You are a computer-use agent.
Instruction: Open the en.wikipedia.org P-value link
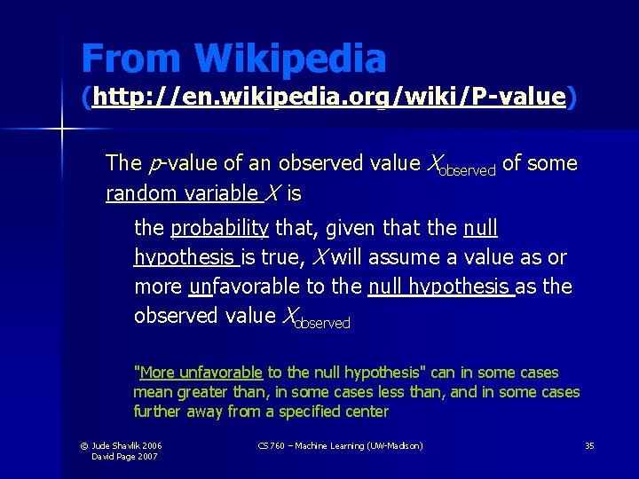pyautogui.click(x=328, y=97)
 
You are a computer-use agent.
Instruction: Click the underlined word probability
pyautogui.click(x=219, y=228)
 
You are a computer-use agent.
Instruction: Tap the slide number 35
pyautogui.click(x=588, y=445)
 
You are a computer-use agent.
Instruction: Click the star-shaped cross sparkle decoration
pyautogui.click(x=62, y=130)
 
